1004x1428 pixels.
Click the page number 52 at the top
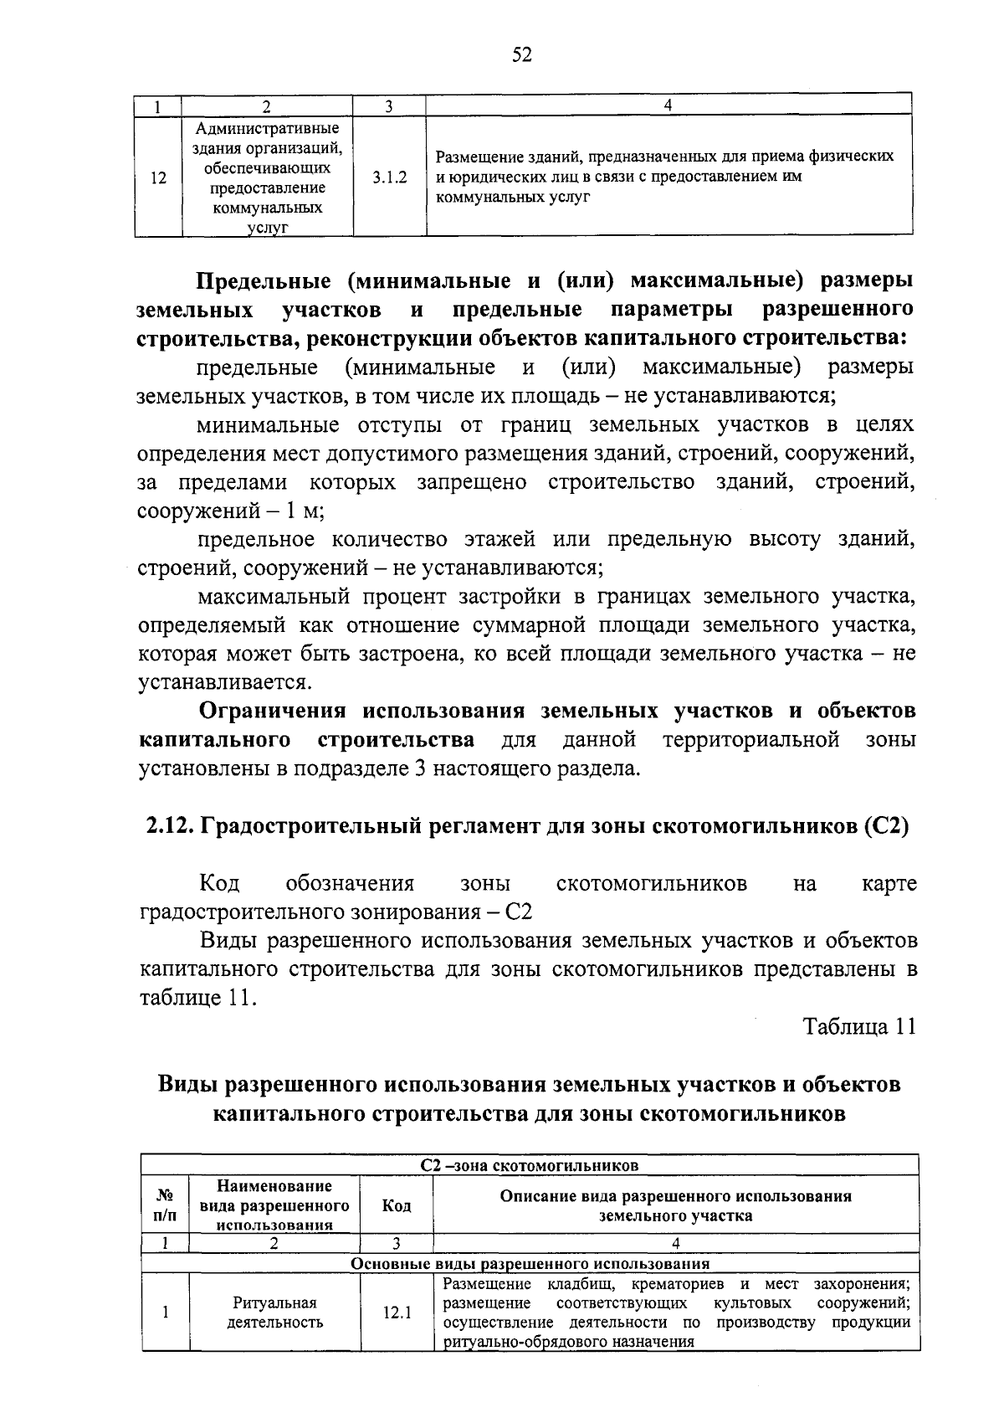521,55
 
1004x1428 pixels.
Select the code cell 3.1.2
390,177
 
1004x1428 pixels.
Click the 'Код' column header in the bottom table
397,1206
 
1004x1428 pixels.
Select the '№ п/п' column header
166,1206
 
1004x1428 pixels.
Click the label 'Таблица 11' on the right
859,1027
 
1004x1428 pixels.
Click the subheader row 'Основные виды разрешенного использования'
530,1264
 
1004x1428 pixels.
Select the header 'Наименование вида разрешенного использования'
274,1206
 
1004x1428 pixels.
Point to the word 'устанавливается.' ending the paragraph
222,683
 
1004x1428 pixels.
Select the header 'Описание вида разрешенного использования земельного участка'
675,1206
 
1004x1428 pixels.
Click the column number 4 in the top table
668,105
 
